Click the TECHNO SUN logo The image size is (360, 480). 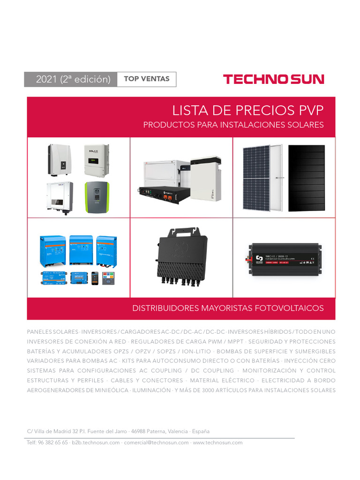point(273,79)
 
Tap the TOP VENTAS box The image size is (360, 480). point(146,79)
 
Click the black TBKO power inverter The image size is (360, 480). point(284,258)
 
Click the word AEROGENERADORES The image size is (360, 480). point(56,390)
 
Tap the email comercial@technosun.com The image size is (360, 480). point(157,442)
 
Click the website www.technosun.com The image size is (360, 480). point(218,442)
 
